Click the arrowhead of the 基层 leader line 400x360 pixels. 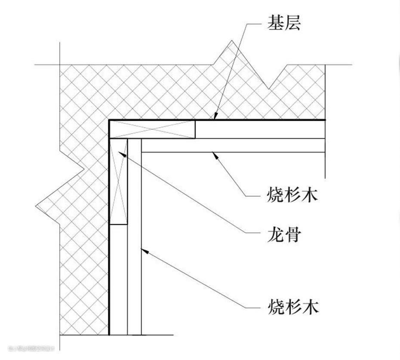(215, 116)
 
